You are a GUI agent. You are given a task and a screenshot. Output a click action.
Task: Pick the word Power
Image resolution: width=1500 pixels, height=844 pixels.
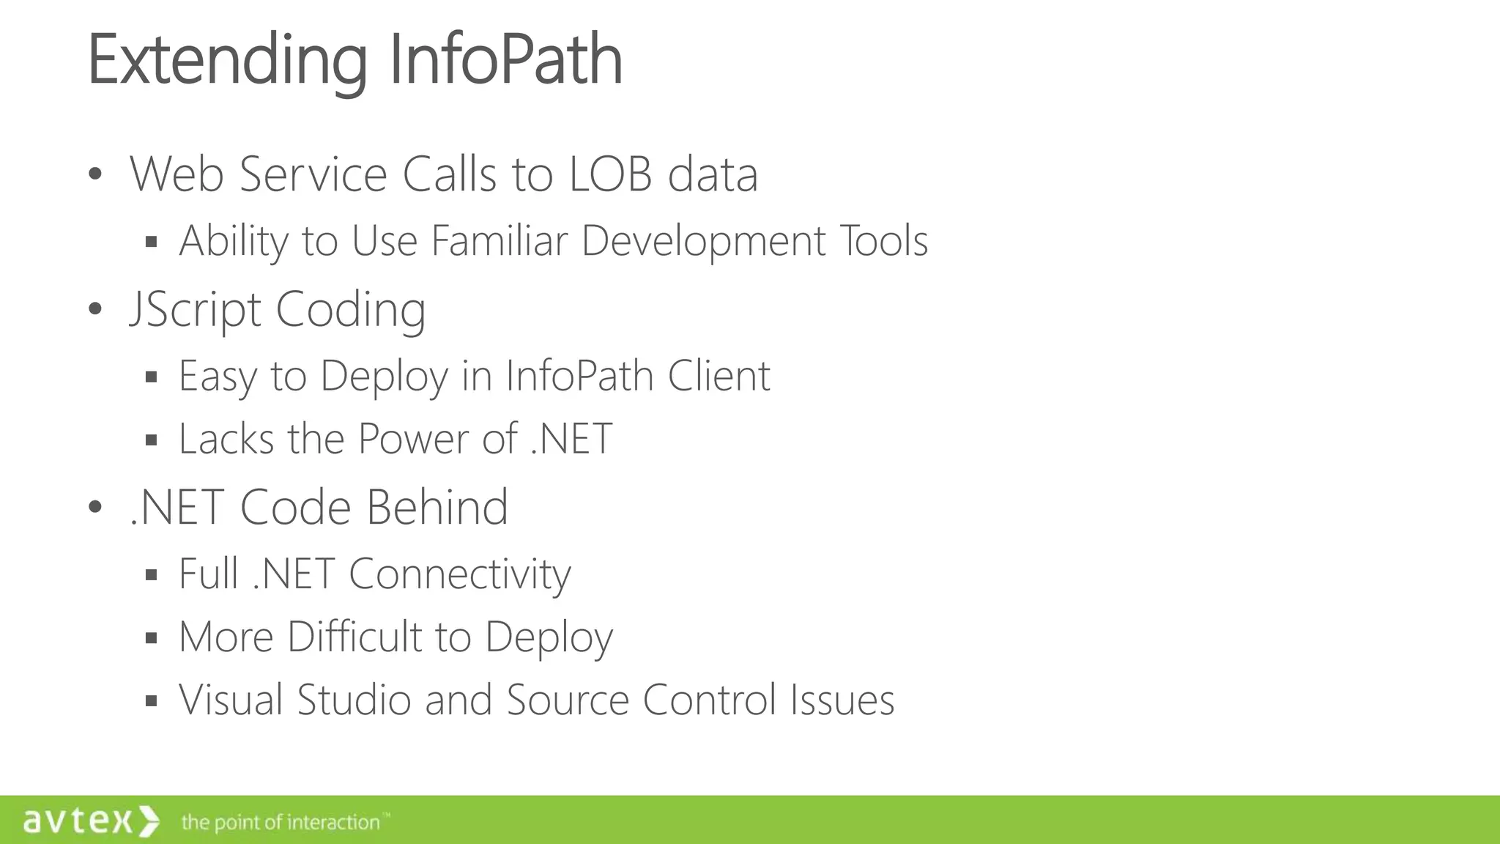(x=413, y=439)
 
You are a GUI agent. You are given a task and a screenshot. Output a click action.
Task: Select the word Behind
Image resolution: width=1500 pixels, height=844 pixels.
(x=437, y=507)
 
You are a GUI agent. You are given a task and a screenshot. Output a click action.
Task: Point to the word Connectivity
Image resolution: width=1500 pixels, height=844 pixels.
(x=459, y=574)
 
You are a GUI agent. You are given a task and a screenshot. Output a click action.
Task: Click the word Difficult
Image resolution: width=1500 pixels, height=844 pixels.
(x=354, y=637)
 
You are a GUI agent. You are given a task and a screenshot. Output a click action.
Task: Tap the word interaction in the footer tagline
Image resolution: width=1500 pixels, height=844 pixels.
(x=333, y=823)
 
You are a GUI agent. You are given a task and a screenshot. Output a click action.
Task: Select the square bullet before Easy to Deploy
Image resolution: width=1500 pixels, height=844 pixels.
(x=152, y=377)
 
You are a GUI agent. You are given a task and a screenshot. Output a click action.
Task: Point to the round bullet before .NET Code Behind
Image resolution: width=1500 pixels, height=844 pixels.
(x=94, y=507)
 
